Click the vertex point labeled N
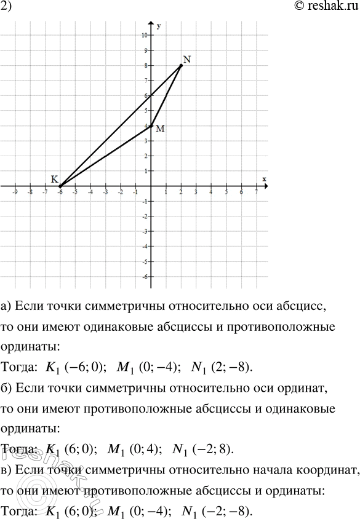(181, 65)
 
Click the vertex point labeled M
(151, 125)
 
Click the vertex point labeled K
(60, 186)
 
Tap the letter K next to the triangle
(55, 179)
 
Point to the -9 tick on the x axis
(14, 192)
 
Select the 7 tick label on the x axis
(256, 192)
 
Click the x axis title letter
(264, 178)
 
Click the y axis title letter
(158, 26)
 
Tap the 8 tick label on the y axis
(145, 65)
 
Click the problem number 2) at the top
(7, 8)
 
